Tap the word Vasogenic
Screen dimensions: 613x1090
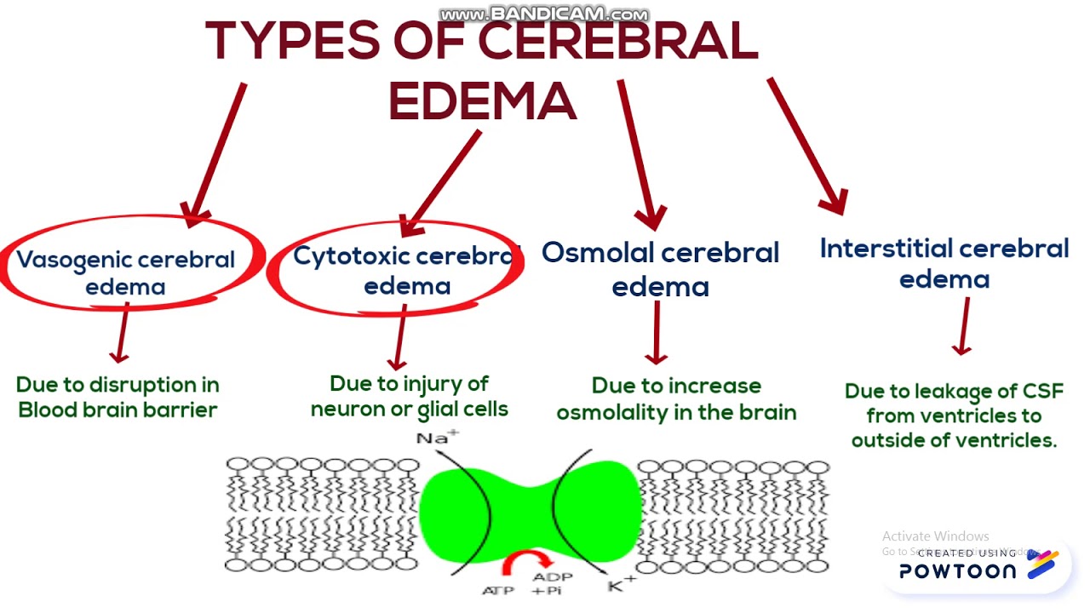pyautogui.click(x=74, y=260)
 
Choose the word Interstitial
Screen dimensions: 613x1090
pyautogui.click(x=881, y=249)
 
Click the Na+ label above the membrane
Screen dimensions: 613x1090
pyautogui.click(x=437, y=438)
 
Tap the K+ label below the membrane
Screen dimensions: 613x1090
pyautogui.click(x=621, y=584)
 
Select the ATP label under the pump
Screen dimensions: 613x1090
pyautogui.click(x=498, y=590)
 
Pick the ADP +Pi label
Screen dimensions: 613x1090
pyautogui.click(x=553, y=583)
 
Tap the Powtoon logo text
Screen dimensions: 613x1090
pyautogui.click(x=957, y=571)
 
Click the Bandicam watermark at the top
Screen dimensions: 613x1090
pyautogui.click(x=545, y=14)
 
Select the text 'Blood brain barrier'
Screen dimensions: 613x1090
pyautogui.click(x=118, y=410)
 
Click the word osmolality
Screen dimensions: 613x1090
pyautogui.click(x=619, y=413)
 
